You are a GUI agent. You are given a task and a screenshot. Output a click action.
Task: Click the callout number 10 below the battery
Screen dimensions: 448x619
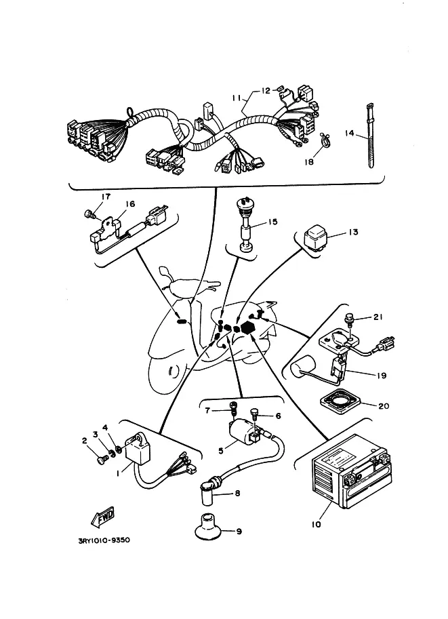[316, 525]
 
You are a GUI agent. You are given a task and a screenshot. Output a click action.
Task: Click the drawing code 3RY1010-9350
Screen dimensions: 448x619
[104, 540]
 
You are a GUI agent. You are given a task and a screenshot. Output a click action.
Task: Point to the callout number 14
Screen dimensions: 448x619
[349, 134]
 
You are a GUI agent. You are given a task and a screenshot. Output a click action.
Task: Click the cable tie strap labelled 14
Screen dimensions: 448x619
[370, 136]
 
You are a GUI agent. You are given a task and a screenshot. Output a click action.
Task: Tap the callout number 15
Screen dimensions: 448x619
[272, 222]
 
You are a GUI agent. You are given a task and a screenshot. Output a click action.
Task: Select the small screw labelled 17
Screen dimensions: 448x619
[89, 215]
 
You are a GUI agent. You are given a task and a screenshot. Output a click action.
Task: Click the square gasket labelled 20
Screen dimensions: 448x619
[340, 404]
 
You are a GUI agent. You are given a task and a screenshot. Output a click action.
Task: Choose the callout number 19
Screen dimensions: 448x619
[382, 376]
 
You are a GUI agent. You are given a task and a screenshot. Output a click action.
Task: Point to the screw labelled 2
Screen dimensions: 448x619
[102, 460]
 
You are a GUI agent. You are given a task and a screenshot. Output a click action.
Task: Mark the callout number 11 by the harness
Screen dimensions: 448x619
[237, 98]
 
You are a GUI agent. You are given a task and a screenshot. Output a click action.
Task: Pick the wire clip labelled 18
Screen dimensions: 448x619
[325, 140]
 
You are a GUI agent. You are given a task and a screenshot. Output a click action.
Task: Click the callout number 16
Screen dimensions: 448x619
[130, 203]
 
